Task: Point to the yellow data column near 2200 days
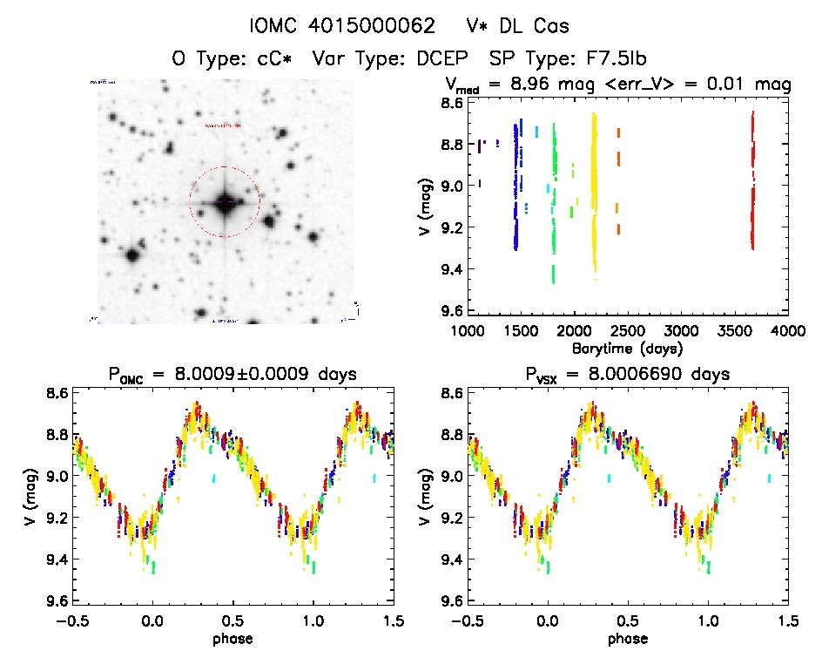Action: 595,192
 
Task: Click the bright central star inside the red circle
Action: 224,202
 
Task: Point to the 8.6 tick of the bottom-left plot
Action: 55,393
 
